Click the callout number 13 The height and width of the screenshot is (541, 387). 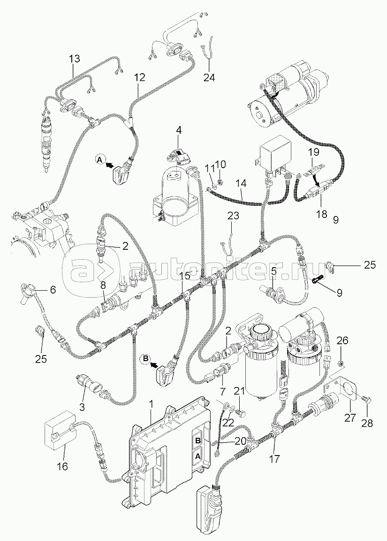[74, 59]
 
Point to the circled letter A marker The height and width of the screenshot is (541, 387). [99, 160]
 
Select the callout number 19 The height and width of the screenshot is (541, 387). [313, 152]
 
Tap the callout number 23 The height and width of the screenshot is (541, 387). [233, 216]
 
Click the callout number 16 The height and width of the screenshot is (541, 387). [62, 466]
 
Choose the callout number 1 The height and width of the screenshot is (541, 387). [151, 403]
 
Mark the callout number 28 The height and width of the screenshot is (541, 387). [367, 423]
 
